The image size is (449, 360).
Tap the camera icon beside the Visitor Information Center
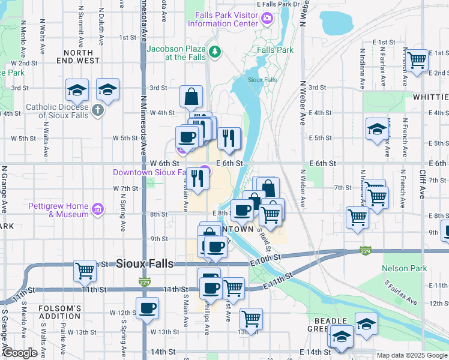(267, 19)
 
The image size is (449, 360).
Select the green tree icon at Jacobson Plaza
(214, 53)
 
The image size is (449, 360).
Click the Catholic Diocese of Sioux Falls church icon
(98, 111)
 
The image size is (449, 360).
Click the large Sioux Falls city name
(145, 263)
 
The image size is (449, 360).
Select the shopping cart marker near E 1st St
(417, 60)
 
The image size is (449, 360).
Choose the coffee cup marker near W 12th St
(147, 309)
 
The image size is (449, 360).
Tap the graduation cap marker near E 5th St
(377, 130)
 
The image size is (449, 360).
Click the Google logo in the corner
(20, 353)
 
